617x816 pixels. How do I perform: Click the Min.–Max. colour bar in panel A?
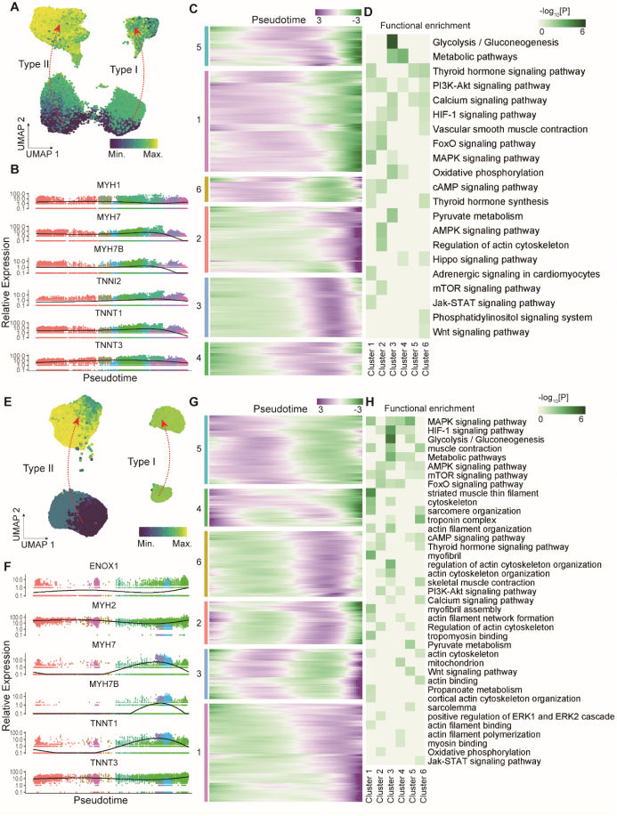tap(134, 141)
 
